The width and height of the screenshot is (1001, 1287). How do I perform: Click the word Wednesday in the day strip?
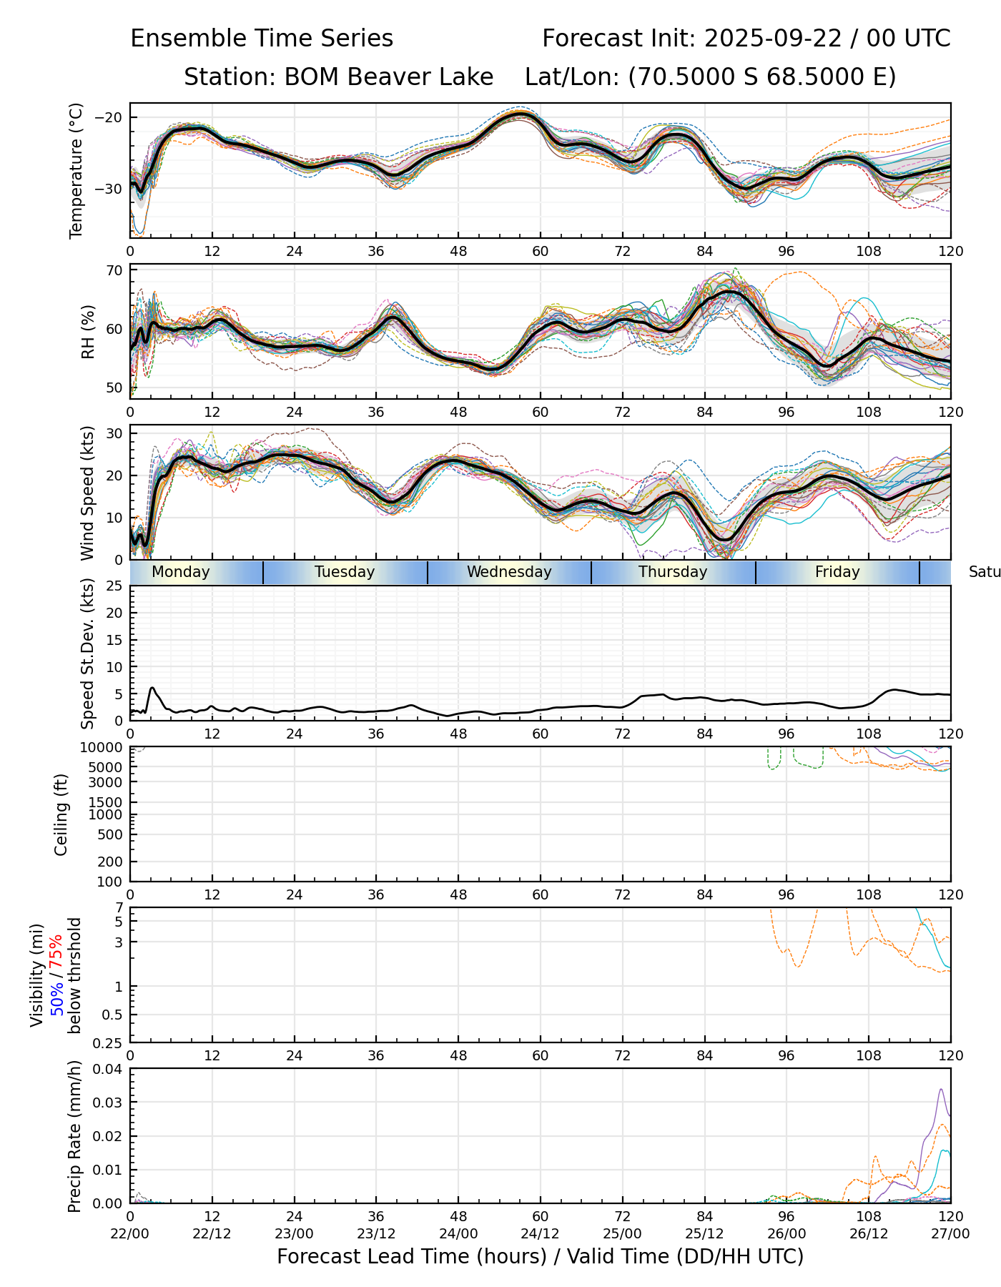click(x=509, y=572)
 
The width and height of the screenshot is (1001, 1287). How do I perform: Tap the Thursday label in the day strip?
click(x=673, y=572)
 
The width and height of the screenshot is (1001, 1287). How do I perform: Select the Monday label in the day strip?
click(x=181, y=572)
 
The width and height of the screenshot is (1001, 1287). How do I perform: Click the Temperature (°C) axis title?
click(x=77, y=170)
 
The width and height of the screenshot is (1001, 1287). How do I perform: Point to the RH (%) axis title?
click(x=88, y=332)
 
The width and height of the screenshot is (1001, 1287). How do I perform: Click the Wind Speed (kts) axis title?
click(x=87, y=493)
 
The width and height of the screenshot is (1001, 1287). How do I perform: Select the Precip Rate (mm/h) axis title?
click(x=74, y=1136)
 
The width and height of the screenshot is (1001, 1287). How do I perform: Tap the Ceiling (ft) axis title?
click(x=61, y=814)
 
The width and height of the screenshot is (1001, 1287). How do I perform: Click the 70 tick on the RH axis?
click(x=114, y=271)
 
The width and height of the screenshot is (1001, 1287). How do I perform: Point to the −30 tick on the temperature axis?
click(x=109, y=189)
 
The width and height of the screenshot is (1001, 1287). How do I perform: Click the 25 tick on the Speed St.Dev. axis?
click(x=114, y=586)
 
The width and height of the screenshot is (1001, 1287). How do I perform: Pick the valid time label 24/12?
click(x=540, y=1233)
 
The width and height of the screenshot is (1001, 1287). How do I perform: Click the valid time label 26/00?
click(x=786, y=1233)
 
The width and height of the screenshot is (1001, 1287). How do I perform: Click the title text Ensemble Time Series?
click(x=262, y=39)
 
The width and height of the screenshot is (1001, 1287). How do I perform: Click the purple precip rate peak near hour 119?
click(x=941, y=1090)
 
